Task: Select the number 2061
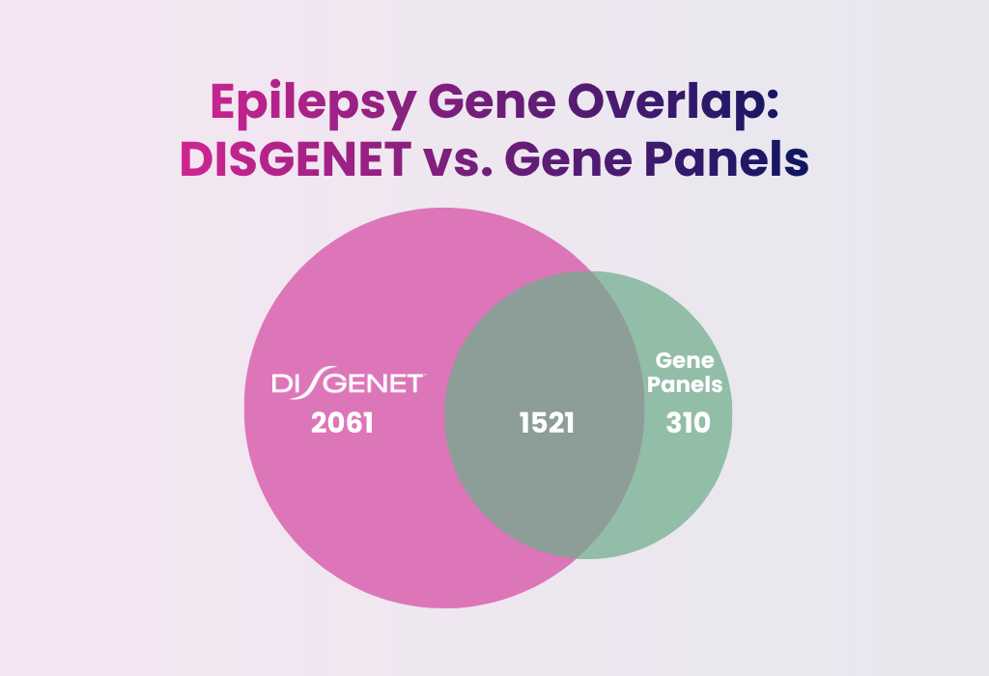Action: point(342,424)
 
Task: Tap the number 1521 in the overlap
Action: point(545,424)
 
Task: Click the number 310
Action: point(688,424)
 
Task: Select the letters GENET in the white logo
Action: point(377,384)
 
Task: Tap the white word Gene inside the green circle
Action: point(685,361)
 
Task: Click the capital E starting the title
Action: point(224,102)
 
